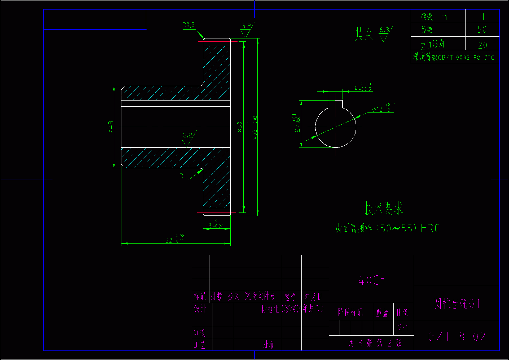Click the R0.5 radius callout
click(x=188, y=25)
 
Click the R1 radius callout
click(x=183, y=176)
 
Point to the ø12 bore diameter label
click(x=377, y=109)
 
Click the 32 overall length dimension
click(x=175, y=240)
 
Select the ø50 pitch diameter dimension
click(x=240, y=127)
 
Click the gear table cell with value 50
click(x=482, y=29)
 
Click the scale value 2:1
click(x=403, y=328)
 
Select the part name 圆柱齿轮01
click(x=457, y=304)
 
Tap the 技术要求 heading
click(x=383, y=208)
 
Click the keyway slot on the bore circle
click(x=336, y=104)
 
